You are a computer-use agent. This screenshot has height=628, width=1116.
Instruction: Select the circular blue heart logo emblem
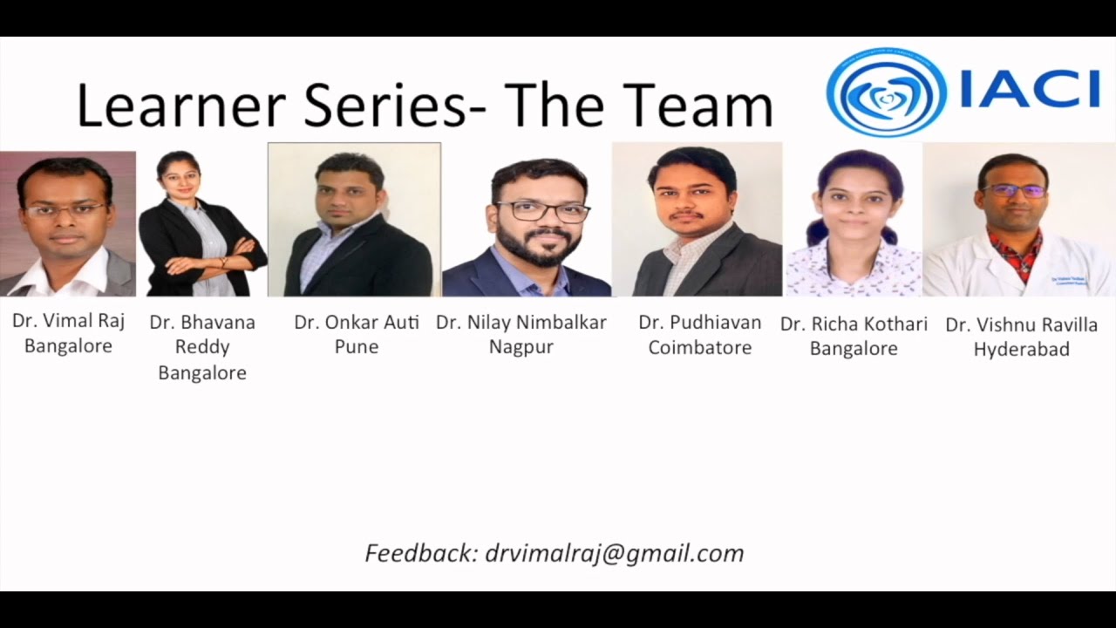tap(886, 91)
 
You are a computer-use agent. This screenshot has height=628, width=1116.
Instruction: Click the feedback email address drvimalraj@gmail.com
tap(615, 553)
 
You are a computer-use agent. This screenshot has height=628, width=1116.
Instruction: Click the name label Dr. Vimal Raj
tap(68, 321)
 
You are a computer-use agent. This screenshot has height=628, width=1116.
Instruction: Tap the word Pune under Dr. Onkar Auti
tap(357, 347)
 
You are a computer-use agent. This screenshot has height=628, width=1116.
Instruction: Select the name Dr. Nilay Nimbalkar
tap(521, 323)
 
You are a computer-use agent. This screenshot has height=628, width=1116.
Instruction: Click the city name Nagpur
tap(521, 348)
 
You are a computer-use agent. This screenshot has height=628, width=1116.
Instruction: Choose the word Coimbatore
tap(700, 348)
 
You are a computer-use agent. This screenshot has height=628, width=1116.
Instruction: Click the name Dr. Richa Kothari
tap(854, 324)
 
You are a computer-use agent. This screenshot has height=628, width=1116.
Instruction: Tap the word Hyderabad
tap(1022, 350)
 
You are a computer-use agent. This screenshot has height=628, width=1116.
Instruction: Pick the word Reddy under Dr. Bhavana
tap(202, 347)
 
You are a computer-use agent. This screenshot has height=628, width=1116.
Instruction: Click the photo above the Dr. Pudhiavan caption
tap(697, 221)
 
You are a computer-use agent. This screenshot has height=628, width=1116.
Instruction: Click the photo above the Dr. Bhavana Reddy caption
tap(202, 223)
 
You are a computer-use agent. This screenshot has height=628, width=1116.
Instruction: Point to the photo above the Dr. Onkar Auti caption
tap(354, 220)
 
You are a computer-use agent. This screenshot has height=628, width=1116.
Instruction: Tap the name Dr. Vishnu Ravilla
tap(1022, 325)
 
